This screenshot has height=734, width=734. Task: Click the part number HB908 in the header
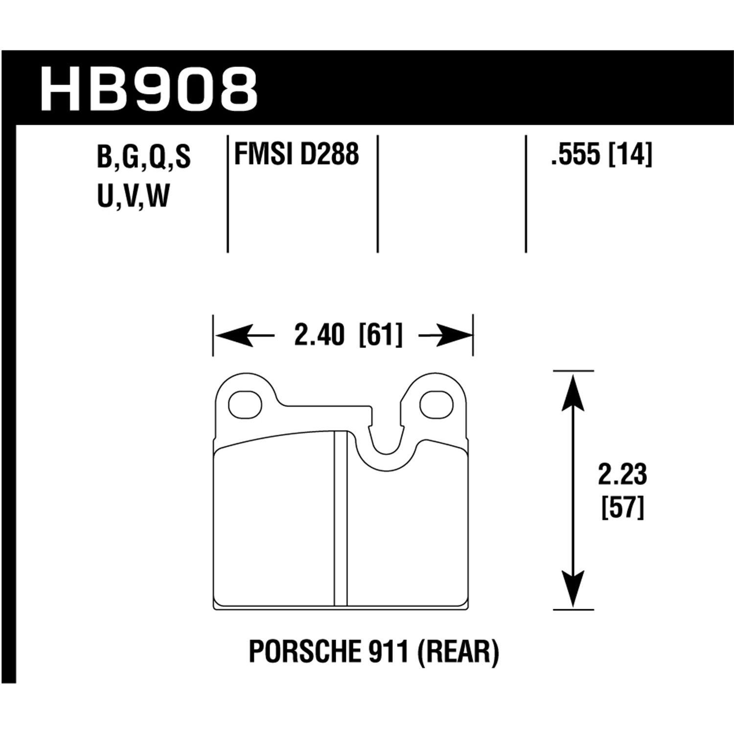click(x=149, y=90)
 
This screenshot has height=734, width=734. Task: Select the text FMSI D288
click(x=297, y=154)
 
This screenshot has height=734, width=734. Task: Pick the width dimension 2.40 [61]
click(x=348, y=336)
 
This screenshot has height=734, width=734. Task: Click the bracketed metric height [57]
click(x=622, y=508)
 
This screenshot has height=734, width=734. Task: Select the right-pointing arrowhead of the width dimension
click(x=458, y=336)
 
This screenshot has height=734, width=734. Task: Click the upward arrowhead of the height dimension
click(x=573, y=389)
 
